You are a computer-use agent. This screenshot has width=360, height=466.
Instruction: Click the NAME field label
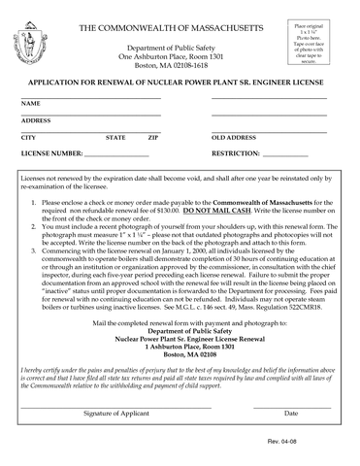[31, 103]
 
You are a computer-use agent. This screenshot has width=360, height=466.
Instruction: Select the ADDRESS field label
[37, 120]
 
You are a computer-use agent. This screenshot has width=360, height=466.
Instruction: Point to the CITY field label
[29, 138]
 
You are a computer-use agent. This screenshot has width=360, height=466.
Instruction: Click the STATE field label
[115, 138]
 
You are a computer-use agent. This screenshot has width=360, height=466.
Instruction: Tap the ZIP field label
[153, 138]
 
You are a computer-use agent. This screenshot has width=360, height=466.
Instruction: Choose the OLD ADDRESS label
[234, 138]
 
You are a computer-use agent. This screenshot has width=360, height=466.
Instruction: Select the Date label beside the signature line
[290, 414]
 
